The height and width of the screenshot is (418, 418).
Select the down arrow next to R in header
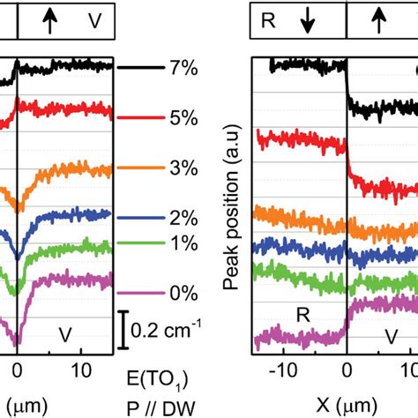[308, 21]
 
